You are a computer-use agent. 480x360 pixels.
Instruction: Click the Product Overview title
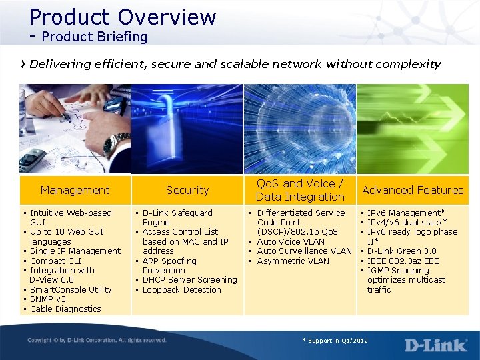point(123,17)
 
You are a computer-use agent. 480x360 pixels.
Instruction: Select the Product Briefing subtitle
point(94,37)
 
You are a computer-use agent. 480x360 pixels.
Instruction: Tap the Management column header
point(75,190)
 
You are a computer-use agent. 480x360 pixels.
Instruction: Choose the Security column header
point(187,190)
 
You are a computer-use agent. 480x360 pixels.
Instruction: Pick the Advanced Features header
point(413,190)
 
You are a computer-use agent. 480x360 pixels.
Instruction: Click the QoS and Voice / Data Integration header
point(300,190)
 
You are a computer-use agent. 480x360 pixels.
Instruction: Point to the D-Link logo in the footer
point(435,345)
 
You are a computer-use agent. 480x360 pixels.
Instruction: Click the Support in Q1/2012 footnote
point(335,341)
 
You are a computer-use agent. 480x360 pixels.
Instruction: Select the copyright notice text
point(97,341)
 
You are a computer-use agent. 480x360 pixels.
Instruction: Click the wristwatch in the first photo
point(117,142)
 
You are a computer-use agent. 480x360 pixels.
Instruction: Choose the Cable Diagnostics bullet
point(65,309)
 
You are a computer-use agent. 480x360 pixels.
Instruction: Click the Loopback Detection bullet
point(181,290)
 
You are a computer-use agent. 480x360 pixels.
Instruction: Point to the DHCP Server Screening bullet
point(189,280)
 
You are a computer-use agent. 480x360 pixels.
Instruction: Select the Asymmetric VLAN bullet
point(293,261)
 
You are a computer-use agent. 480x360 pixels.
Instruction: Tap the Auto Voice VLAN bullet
point(291,242)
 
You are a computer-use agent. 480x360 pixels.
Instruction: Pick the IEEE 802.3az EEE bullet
point(403,261)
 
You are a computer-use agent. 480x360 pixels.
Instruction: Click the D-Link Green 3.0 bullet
point(401,251)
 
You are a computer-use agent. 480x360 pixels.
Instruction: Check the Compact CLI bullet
point(55,261)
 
